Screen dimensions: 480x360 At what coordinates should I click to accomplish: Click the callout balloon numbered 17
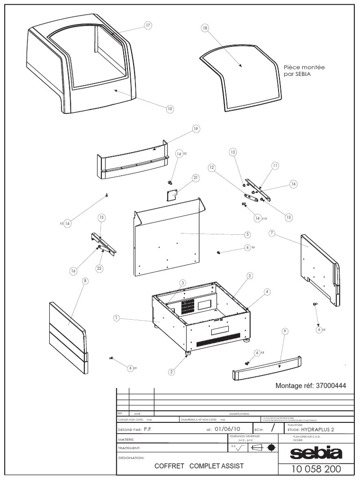(148, 26)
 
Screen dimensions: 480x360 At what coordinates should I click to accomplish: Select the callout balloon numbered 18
(205, 29)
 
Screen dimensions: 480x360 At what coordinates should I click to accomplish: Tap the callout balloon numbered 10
(170, 109)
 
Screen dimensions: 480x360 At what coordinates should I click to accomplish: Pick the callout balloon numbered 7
(271, 233)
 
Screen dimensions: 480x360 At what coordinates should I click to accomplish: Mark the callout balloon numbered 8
(85, 281)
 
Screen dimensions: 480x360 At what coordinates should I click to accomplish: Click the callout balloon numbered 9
(285, 331)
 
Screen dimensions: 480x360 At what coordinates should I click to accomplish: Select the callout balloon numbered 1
(116, 318)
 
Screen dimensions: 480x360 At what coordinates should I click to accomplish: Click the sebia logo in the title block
(316, 453)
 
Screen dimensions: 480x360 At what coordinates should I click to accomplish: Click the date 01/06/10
(227, 429)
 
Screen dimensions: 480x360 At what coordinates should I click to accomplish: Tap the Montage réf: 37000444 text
(311, 386)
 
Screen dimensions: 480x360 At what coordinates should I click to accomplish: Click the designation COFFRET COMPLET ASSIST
(199, 466)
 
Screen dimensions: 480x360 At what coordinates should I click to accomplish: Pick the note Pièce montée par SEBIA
(304, 71)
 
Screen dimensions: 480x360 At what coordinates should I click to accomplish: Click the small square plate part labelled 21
(172, 194)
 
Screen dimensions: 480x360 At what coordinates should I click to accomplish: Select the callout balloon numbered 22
(99, 268)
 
